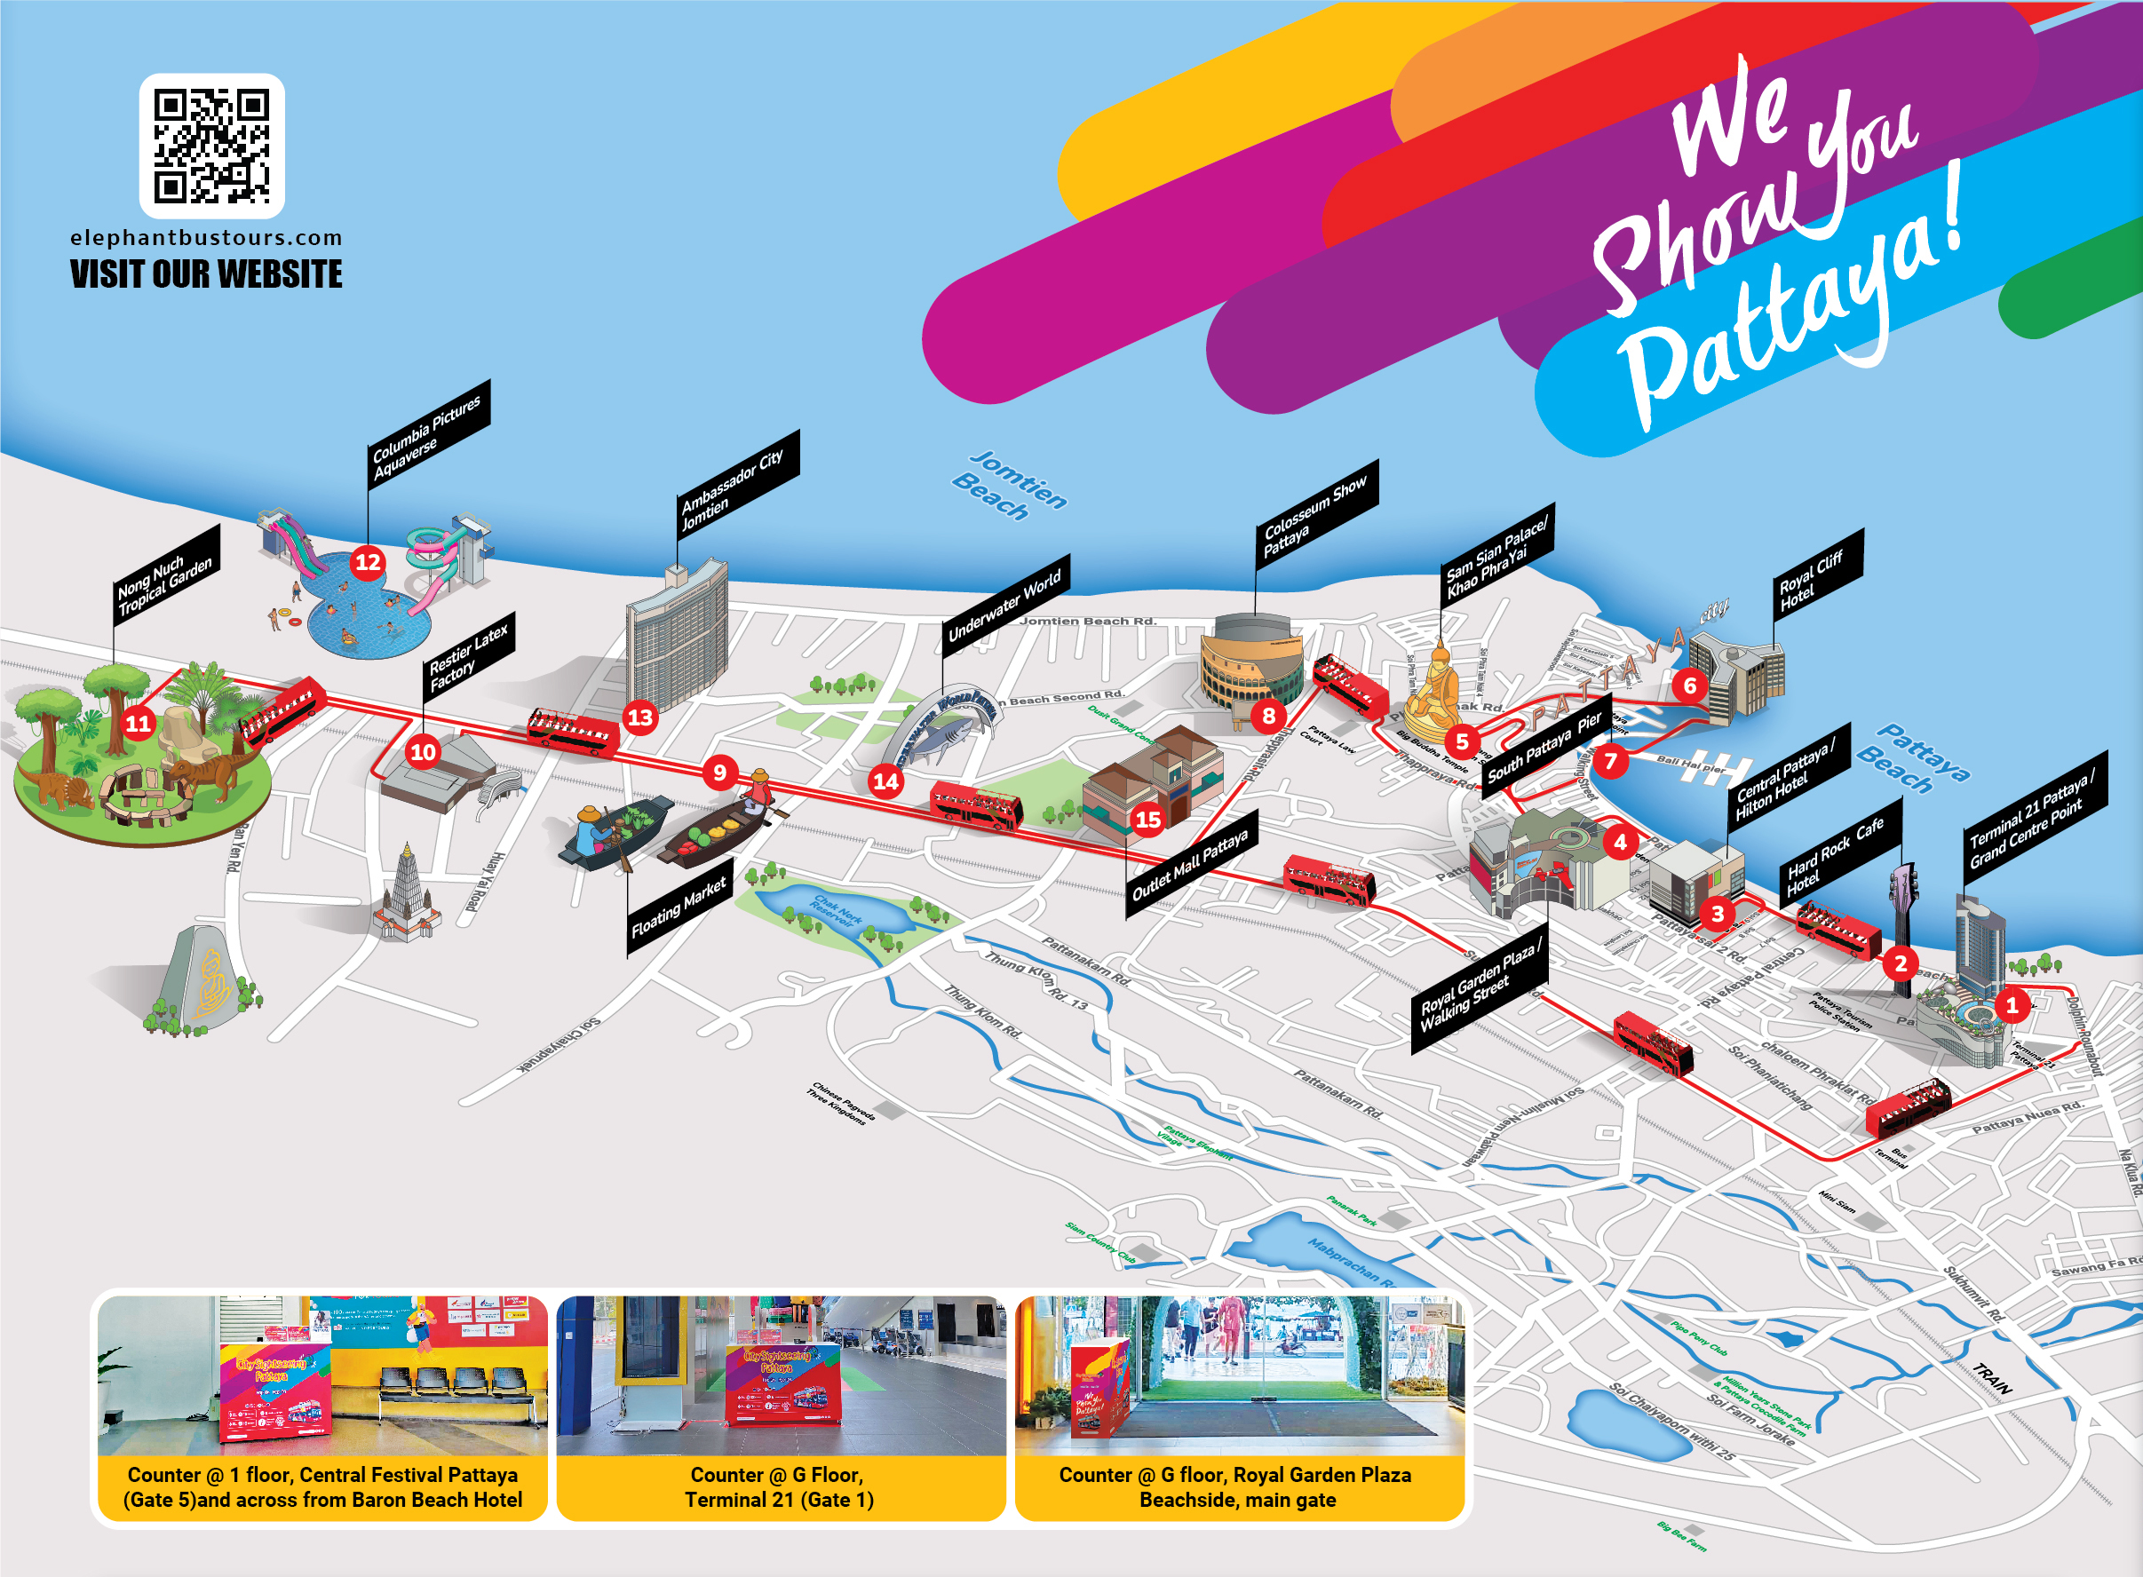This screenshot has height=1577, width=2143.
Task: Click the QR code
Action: coord(212,146)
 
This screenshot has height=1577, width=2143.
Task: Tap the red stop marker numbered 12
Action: coord(368,562)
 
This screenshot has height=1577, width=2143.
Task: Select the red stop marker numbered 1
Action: coord(2012,1005)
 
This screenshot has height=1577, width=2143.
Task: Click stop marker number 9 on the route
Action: coord(719,773)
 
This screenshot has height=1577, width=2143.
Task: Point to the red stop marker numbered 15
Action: coord(1147,819)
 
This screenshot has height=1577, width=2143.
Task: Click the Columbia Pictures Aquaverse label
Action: coord(429,434)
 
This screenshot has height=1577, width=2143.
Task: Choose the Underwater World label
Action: coord(1005,606)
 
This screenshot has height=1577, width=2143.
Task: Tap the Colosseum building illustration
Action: coord(1250,661)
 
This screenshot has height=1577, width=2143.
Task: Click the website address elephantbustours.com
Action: coord(206,238)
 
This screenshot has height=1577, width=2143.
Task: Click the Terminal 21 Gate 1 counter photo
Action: coord(781,1375)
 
